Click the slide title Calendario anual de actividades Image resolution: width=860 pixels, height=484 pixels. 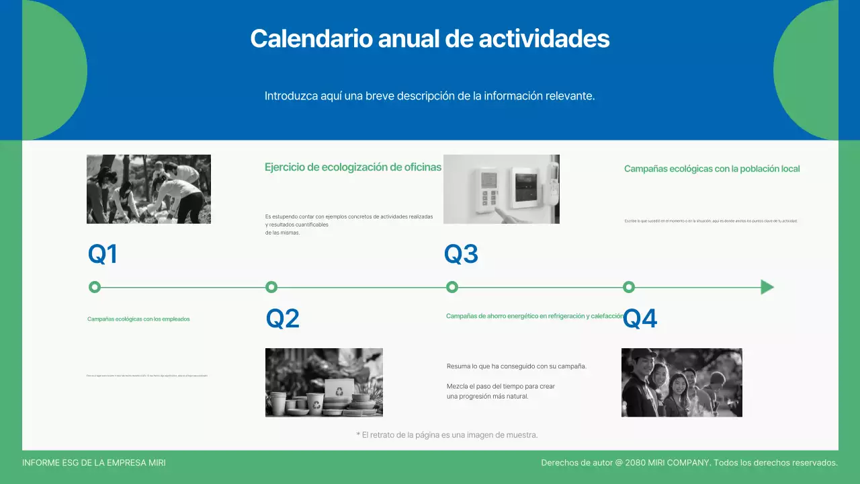point(430,38)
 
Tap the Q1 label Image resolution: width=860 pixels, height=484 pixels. point(103,254)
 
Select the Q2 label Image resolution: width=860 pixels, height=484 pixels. point(282,319)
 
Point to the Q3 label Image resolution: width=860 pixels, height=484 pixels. point(461,254)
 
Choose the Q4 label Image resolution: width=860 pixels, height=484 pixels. point(640,319)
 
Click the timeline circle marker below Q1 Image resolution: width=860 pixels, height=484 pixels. point(95,287)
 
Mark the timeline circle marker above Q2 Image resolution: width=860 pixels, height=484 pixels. point(271,287)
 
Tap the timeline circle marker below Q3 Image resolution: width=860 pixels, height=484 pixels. point(452,287)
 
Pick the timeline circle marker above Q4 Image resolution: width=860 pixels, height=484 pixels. point(629,287)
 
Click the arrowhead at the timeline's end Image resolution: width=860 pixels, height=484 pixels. point(767,287)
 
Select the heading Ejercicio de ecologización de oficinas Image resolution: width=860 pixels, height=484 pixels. point(353,167)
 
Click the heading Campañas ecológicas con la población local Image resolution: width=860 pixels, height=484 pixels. point(712,169)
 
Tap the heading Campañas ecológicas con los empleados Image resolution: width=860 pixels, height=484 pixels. point(138,319)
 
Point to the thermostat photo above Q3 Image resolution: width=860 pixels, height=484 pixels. point(501,189)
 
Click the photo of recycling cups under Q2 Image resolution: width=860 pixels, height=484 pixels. point(324,382)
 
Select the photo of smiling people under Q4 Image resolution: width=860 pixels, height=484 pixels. point(681,382)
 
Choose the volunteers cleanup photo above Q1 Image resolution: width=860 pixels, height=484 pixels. point(148,189)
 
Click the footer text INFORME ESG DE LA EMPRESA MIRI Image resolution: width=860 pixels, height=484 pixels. point(94,463)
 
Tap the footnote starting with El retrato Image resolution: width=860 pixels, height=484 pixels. point(447,435)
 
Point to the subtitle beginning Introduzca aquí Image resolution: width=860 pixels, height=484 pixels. point(430,96)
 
